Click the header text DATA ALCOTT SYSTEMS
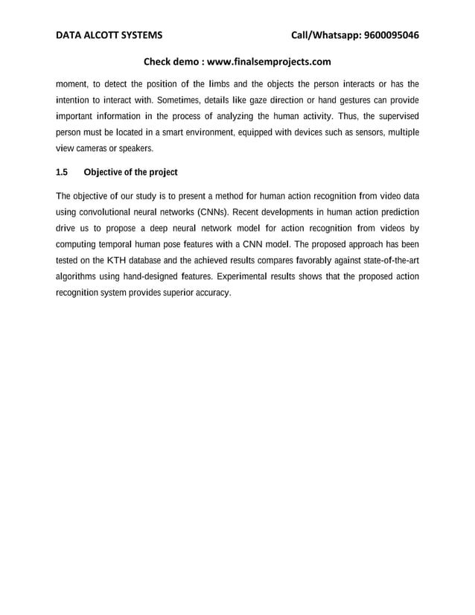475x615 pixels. [x=109, y=35]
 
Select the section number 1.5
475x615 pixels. [x=63, y=173]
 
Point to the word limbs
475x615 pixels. [x=220, y=83]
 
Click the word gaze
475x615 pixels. [x=270, y=100]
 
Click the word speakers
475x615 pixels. [x=134, y=149]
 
